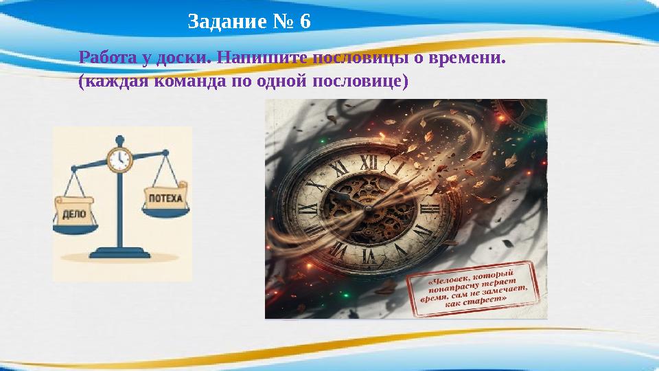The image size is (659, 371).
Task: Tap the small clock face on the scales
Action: click(119, 159)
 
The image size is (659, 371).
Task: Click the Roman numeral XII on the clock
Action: click(369, 161)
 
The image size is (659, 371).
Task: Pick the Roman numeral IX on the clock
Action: click(308, 207)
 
